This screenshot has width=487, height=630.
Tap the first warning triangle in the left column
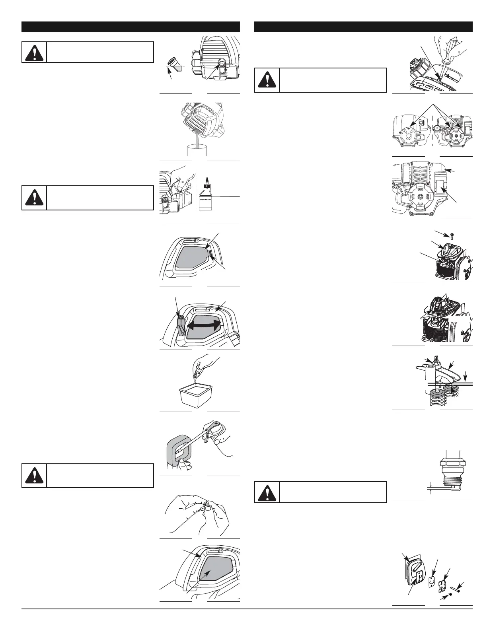[x=34, y=52]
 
